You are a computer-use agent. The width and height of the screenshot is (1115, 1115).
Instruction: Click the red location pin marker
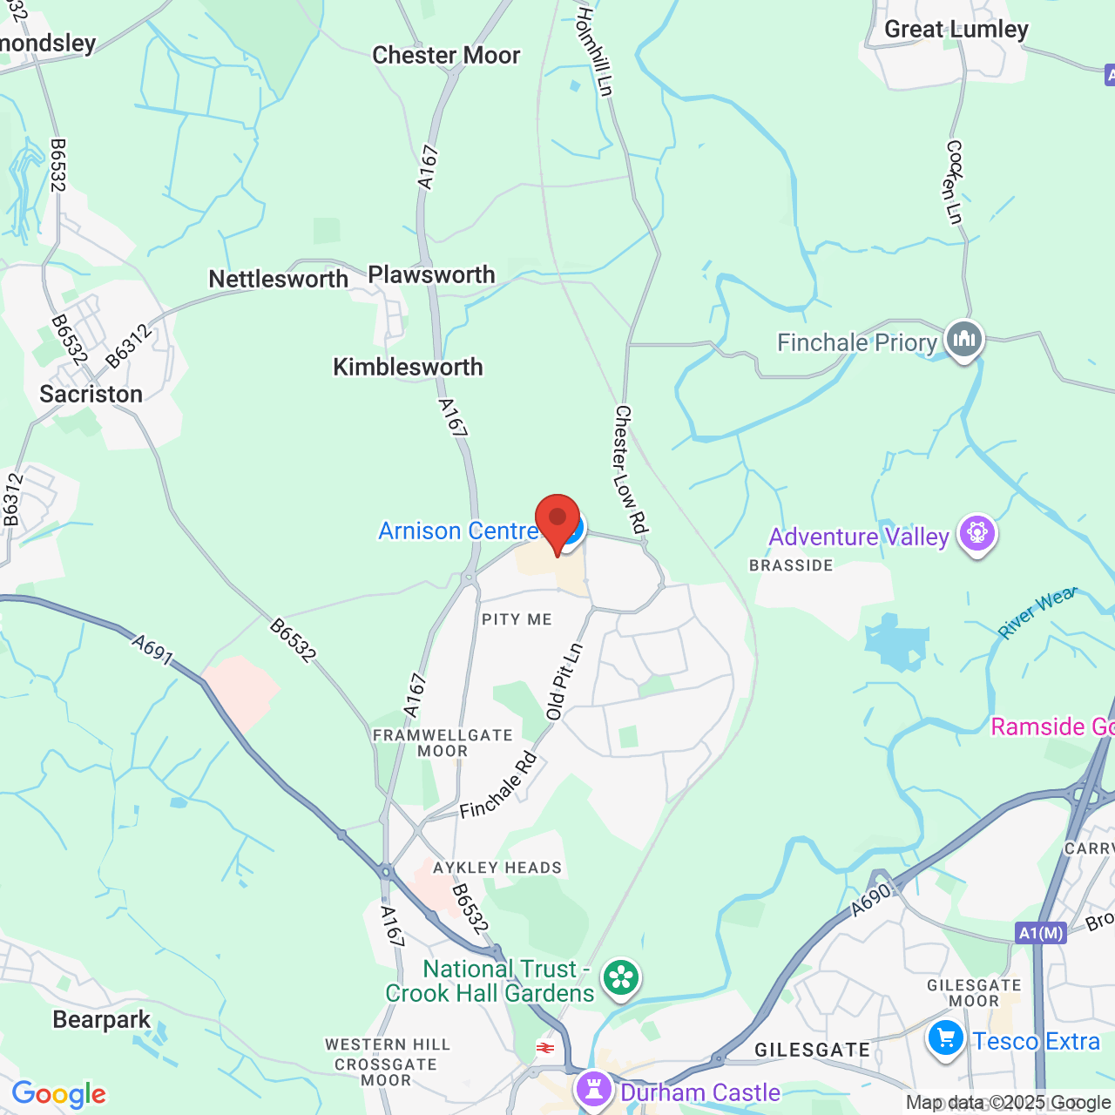(557, 520)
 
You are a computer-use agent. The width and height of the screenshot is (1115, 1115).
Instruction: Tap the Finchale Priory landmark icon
(963, 338)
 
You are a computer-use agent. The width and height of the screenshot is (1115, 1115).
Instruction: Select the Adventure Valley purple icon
(976, 532)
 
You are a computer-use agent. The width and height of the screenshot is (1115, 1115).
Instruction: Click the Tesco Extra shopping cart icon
(945, 1038)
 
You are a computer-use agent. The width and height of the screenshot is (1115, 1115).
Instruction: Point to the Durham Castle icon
(594, 1089)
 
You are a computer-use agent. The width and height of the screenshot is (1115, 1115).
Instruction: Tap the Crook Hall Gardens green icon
(621, 977)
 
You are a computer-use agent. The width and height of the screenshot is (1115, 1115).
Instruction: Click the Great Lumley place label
(956, 30)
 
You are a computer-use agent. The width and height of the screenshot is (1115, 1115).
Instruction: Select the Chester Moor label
(446, 56)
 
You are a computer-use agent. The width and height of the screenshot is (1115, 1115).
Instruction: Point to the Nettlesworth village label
(278, 280)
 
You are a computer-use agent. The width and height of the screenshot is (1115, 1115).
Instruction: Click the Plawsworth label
(431, 275)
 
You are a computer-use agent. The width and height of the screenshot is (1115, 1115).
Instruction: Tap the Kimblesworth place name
(408, 368)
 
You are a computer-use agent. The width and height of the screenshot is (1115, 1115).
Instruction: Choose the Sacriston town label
(91, 395)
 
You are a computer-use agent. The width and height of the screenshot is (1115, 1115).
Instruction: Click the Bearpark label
(102, 1020)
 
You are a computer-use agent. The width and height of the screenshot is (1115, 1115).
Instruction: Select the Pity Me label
(517, 619)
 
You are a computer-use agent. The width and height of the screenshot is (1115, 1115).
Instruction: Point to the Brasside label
(791, 565)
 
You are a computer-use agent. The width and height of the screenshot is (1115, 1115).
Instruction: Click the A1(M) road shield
(1041, 934)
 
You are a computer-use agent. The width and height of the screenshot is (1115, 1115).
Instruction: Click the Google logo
(58, 1094)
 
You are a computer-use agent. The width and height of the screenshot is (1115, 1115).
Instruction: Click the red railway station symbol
(546, 1048)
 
